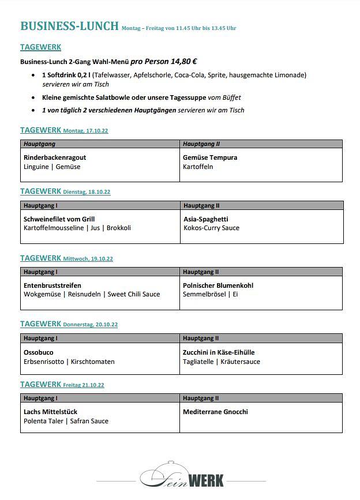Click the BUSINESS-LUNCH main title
[69, 26]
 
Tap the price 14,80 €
[183, 61]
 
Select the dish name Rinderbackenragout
[55, 157]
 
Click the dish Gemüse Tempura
[210, 157]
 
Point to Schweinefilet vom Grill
[59, 219]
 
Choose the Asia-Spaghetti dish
[206, 219]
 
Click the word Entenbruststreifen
[52, 285]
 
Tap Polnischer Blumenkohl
[218, 285]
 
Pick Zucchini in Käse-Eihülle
[219, 352]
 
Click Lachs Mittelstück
[50, 412]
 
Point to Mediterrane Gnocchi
[215, 412]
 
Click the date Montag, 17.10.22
[85, 131]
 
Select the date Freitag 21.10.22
[84, 385]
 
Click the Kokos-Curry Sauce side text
[211, 228]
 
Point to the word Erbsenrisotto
[43, 362]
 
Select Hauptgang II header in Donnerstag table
[201, 339]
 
